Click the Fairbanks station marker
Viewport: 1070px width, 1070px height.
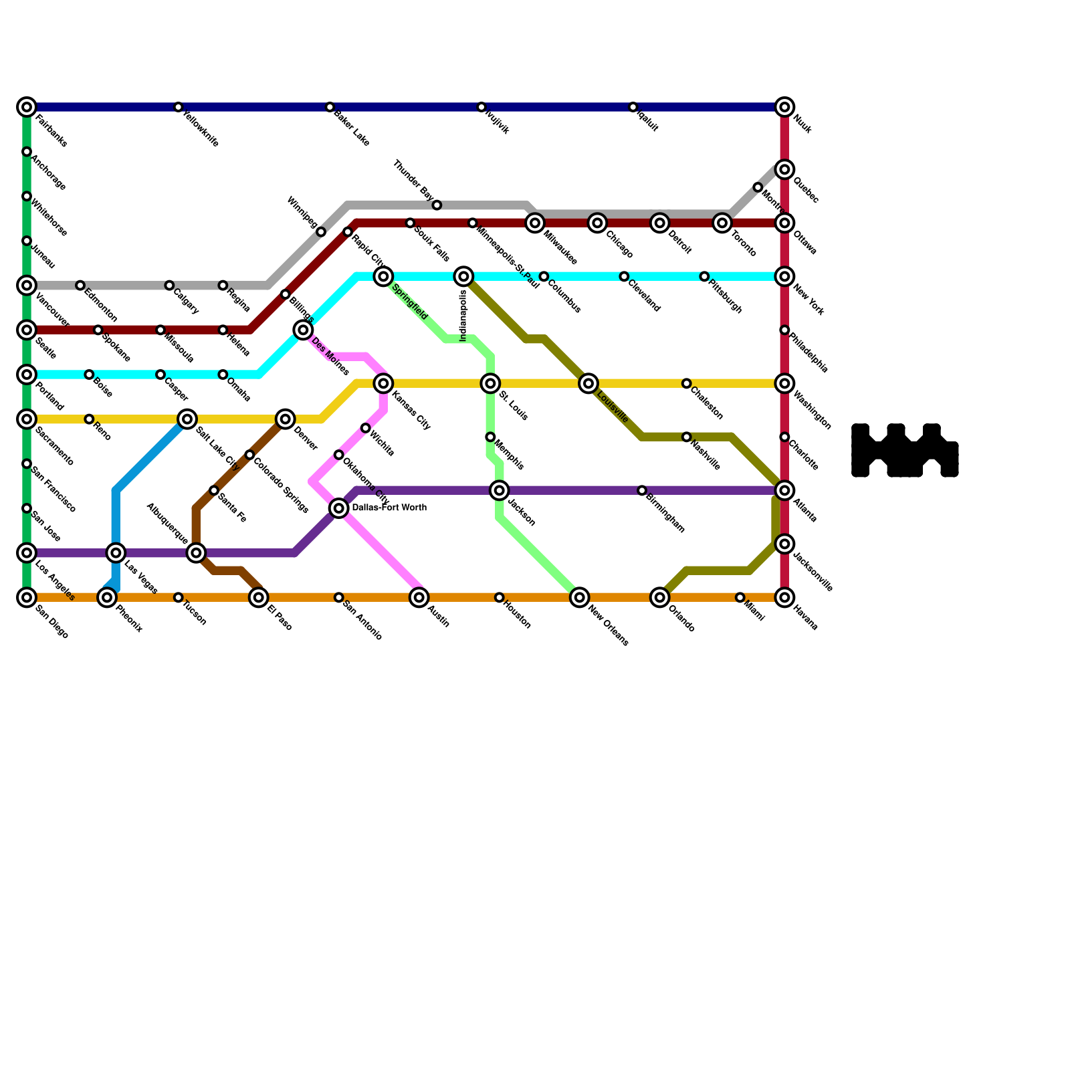click(x=27, y=107)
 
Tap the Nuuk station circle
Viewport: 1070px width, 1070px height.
click(x=785, y=107)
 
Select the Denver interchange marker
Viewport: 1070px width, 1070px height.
click(x=286, y=419)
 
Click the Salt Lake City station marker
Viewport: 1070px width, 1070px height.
click(x=188, y=419)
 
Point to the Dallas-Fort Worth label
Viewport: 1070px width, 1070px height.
click(x=389, y=508)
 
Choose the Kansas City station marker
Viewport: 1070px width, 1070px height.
click(x=384, y=383)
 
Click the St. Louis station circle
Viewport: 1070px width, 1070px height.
click(x=491, y=383)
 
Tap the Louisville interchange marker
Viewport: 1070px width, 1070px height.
click(x=588, y=383)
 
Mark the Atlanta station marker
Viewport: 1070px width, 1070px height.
click(x=785, y=490)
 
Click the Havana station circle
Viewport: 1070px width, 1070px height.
click(x=785, y=597)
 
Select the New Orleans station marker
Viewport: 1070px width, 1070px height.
click(x=580, y=597)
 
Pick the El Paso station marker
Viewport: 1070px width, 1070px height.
click(x=259, y=597)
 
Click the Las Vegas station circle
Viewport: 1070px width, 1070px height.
click(x=116, y=553)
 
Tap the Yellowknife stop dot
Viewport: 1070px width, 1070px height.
click(x=178, y=107)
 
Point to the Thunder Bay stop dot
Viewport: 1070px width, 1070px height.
click(x=437, y=205)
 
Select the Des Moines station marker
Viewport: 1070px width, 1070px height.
click(x=304, y=330)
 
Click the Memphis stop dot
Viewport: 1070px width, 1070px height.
click(x=490, y=437)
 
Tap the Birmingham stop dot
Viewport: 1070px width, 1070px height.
click(x=642, y=490)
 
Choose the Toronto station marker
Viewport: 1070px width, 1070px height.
click(x=722, y=223)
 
